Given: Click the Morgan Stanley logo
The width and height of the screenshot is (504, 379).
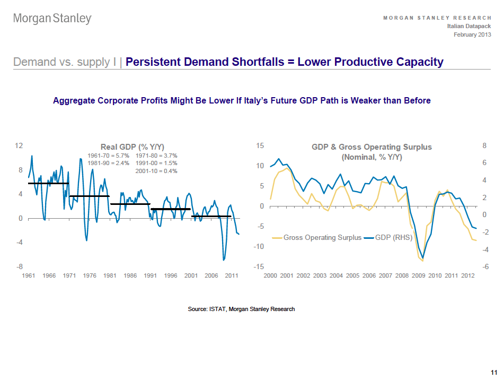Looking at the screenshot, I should coord(52,19).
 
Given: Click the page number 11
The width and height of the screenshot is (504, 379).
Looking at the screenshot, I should coord(494,371).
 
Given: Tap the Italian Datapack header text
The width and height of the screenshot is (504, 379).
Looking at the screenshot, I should coord(469,26).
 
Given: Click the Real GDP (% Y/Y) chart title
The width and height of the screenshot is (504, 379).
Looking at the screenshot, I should coord(132,147).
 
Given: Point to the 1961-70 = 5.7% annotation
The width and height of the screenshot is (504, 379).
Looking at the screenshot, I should coord(108,156).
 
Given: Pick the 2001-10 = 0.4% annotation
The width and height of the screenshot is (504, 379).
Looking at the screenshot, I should coord(156,171).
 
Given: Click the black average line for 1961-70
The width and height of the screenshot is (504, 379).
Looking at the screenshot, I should coord(48,183).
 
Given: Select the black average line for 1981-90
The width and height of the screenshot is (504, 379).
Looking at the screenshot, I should coord(130,204).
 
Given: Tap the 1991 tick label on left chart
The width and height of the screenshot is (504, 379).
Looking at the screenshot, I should coord(151,276).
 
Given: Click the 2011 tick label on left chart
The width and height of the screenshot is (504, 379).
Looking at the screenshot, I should coord(232,276).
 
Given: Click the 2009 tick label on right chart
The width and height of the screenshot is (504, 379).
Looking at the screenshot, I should coord(419,276).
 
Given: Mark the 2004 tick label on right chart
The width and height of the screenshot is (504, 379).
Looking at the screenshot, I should coord(336,276).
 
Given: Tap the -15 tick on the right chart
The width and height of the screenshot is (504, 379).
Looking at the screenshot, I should coord(260,266).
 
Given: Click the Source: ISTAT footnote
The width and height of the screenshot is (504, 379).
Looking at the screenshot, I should coord(241,309).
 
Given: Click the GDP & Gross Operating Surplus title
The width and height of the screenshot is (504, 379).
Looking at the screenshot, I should coord(372,147).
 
